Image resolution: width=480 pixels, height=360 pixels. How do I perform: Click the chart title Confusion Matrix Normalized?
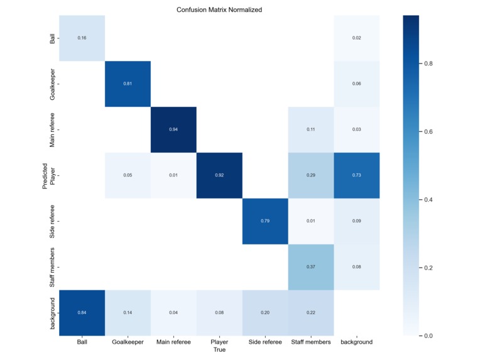pos(219,10)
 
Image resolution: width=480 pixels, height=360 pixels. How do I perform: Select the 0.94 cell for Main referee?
pos(173,129)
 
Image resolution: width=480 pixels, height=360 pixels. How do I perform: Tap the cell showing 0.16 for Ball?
pos(82,38)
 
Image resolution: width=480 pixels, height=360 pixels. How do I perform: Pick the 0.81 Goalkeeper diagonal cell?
pos(128,84)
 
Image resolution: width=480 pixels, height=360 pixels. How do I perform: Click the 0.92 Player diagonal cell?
pos(219,175)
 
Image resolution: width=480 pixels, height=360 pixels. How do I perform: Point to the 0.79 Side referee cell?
pos(265,221)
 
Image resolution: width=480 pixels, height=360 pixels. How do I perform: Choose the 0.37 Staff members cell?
pos(311,266)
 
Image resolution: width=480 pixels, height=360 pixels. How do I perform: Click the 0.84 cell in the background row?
pos(82,312)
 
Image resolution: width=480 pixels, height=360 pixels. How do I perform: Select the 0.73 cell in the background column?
pos(357,175)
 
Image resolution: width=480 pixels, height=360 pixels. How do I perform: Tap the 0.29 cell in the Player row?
pos(311,175)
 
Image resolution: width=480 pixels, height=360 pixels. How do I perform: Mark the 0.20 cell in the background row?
pos(265,312)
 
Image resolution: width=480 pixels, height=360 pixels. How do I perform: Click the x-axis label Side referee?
pos(265,342)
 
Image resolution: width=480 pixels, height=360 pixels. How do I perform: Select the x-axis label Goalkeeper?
pos(128,342)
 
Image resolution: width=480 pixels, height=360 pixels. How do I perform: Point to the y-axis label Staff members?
pos(52,266)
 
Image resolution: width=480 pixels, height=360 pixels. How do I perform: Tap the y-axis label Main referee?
pos(52,129)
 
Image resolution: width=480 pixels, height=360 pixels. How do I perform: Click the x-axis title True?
pos(219,350)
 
